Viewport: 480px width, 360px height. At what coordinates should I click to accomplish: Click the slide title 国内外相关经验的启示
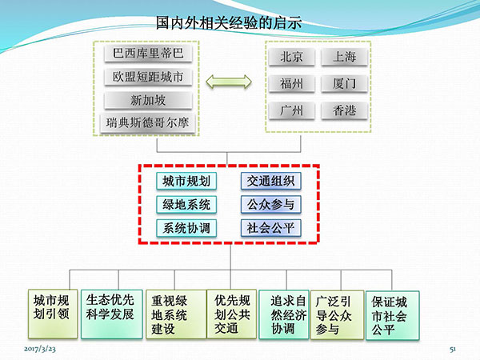coord(229,22)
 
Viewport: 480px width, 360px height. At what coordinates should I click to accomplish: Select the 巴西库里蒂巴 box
coord(148,54)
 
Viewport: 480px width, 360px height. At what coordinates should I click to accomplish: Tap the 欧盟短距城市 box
coord(148,77)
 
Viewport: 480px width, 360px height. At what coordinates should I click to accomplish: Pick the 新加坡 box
coord(148,100)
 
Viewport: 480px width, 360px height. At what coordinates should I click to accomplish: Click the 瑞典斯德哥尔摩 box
coord(147,123)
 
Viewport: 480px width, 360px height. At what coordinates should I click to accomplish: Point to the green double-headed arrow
coord(229,82)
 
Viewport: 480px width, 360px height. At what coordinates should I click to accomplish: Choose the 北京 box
coord(291,57)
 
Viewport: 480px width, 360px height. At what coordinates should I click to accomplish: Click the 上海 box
coord(344,57)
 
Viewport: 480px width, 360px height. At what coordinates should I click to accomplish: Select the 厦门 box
coord(344,83)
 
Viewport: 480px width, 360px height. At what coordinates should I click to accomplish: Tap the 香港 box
coord(344,110)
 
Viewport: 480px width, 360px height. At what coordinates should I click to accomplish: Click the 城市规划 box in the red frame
coord(186,182)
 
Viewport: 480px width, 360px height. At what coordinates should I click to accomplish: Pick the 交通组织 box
coord(271,181)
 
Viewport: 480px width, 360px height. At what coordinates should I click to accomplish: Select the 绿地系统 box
coord(186,205)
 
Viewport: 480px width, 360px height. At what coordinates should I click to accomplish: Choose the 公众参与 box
coord(271,204)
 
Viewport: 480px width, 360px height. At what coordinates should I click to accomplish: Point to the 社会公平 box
coord(271,228)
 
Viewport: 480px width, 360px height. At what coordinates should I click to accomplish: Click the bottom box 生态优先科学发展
coord(112,314)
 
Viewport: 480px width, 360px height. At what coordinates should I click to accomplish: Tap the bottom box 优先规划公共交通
coord(232,314)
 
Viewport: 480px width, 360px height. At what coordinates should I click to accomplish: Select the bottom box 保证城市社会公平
coord(393,315)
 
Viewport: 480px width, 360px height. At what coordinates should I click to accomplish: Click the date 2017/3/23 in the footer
coord(40,349)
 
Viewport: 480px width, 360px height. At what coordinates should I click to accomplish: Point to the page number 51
coord(453,349)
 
